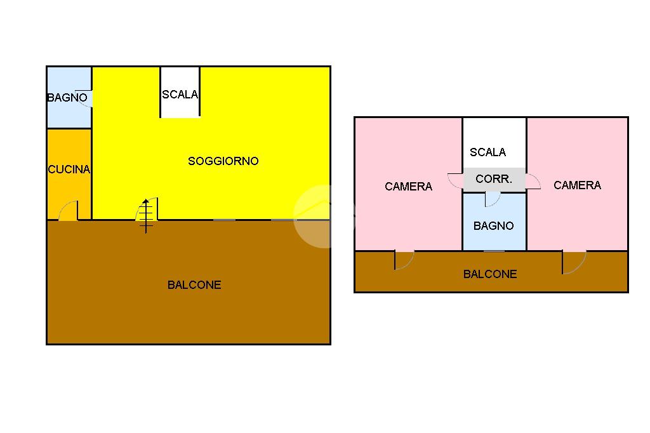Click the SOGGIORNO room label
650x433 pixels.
(x=223, y=161)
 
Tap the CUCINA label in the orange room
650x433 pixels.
(x=69, y=170)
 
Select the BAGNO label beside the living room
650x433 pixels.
(x=67, y=98)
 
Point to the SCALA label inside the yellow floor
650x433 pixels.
(x=180, y=95)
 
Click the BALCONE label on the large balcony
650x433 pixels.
(x=194, y=285)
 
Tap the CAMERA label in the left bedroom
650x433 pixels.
(x=408, y=187)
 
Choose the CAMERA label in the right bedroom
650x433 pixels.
(x=577, y=185)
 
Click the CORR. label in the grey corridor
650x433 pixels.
(x=493, y=180)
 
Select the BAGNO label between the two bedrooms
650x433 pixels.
(x=493, y=226)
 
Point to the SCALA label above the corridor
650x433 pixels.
(x=487, y=152)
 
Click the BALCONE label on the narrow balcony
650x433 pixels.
(x=490, y=274)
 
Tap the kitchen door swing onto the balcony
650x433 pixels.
(x=69, y=211)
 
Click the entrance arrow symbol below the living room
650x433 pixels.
(x=147, y=216)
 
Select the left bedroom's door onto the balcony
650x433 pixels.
(x=403, y=260)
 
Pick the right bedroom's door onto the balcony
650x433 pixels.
(x=573, y=262)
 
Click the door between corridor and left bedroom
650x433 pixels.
(x=455, y=180)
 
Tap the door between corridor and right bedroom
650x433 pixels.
(x=533, y=182)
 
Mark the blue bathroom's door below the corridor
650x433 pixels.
(x=492, y=199)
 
